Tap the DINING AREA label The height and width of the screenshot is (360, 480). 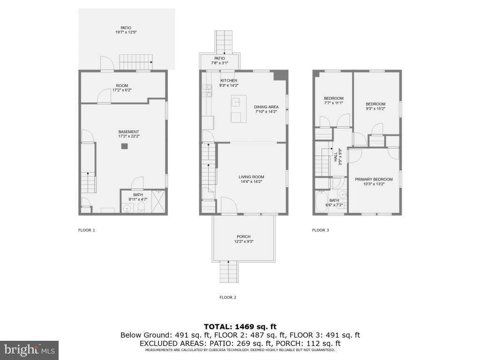266,107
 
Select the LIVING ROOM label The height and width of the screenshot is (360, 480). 252,177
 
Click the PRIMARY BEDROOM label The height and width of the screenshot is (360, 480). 374,179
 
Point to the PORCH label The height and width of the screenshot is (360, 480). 243,237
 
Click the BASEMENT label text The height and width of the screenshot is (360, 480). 128,132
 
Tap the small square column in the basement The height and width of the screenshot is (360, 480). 124,146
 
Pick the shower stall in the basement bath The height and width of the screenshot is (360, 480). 158,202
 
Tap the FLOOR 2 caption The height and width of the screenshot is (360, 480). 228,297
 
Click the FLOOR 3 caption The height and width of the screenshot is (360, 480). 321,230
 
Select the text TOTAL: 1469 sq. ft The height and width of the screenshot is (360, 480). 240,326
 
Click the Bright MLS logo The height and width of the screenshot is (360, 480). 29,350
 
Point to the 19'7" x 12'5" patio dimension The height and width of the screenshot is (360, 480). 126,32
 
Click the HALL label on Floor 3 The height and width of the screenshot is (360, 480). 336,156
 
